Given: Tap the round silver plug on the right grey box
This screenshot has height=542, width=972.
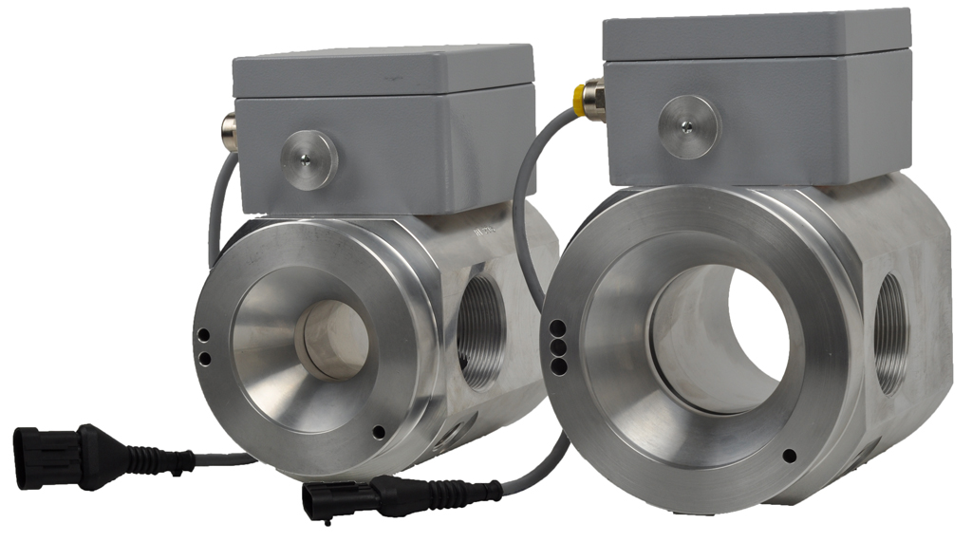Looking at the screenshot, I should (x=690, y=126).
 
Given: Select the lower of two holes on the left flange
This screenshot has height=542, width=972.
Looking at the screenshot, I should (x=204, y=357).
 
